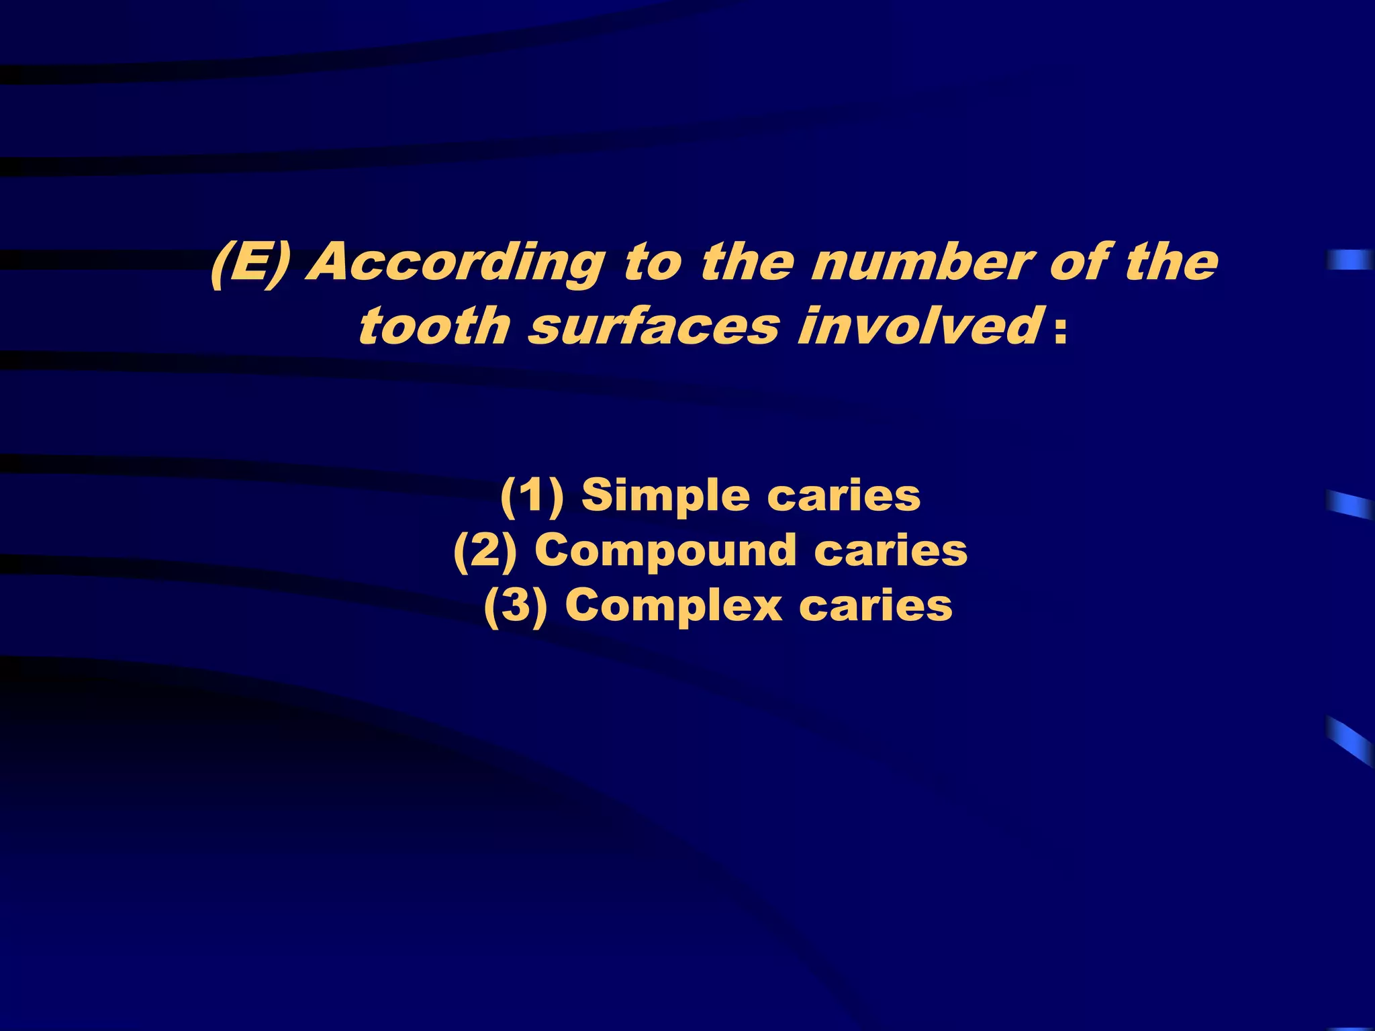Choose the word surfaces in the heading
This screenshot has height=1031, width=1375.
654,327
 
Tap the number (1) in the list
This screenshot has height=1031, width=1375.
532,497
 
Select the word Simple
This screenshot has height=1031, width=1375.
665,497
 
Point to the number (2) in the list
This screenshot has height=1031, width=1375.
485,552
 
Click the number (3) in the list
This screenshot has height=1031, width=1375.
516,607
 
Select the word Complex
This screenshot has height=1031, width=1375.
673,607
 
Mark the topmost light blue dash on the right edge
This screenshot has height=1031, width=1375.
1349,260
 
